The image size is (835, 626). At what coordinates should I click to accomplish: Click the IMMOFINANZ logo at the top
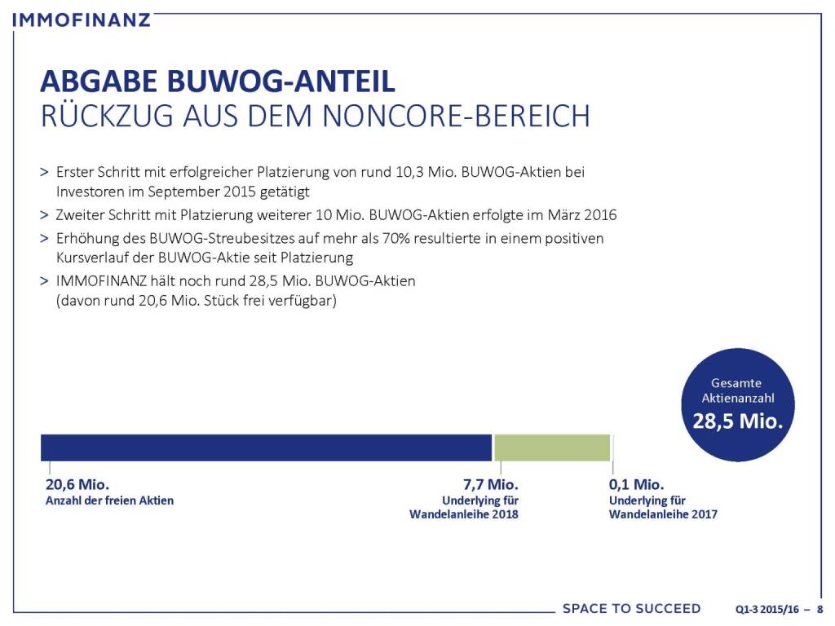point(82,19)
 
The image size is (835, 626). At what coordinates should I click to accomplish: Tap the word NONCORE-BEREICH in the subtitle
point(456,116)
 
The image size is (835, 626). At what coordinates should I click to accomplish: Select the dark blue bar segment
point(266,447)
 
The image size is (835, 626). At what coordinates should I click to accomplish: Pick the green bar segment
point(552,447)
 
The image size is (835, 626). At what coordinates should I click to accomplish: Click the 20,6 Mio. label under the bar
point(77,484)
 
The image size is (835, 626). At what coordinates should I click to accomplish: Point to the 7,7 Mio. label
point(488,484)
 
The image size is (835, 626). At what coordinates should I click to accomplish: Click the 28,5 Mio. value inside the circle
point(737,421)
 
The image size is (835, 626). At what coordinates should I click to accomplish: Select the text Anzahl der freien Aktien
point(108,500)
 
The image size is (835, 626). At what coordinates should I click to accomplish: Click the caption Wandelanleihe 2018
point(464,514)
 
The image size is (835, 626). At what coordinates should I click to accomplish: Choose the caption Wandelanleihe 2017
point(663,514)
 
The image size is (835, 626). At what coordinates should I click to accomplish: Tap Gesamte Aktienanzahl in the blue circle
point(737,390)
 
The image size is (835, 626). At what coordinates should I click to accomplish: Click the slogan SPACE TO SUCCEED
point(631,608)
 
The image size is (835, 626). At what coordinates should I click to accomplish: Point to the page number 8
point(819,609)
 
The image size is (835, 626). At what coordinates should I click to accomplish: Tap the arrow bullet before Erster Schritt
point(44,173)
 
